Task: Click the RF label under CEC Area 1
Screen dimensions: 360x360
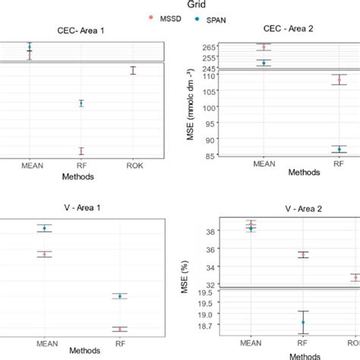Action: (81, 165)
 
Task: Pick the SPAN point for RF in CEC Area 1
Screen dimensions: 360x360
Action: (81, 103)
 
